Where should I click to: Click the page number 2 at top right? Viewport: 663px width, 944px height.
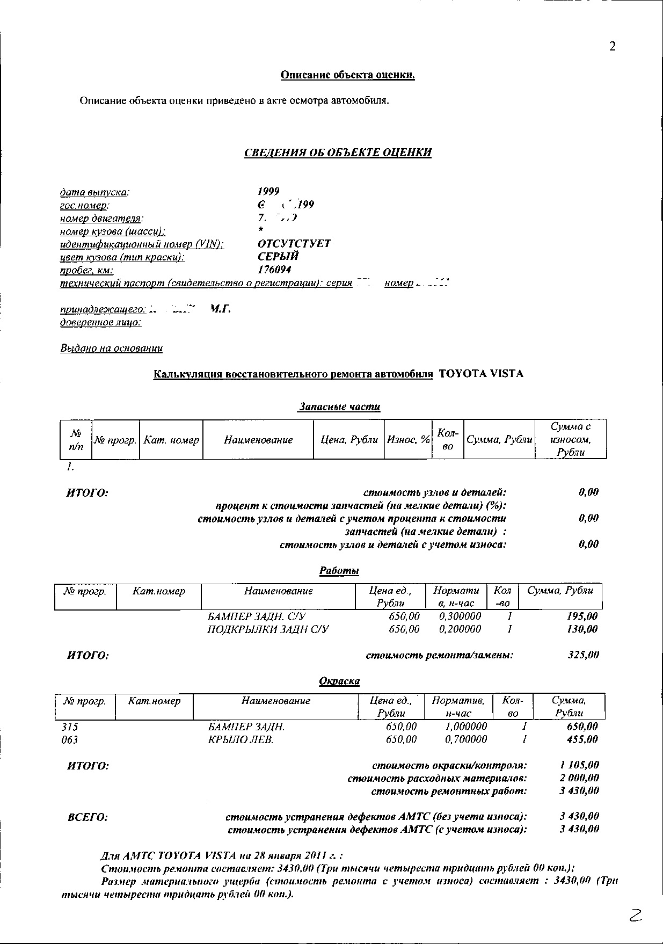pyautogui.click(x=613, y=46)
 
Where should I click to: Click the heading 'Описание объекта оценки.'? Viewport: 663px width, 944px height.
pyautogui.click(x=347, y=75)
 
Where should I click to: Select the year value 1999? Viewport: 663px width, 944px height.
pyautogui.click(x=268, y=192)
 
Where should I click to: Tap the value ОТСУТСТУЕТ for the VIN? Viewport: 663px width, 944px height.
pyautogui.click(x=294, y=244)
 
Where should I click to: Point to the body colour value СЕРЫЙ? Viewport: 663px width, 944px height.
pyautogui.click(x=278, y=257)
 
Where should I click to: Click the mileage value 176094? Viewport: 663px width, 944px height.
pyautogui.click(x=274, y=270)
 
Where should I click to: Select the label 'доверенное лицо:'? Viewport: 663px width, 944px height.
pyautogui.click(x=100, y=322)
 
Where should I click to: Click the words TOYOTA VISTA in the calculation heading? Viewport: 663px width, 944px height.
pyautogui.click(x=480, y=374)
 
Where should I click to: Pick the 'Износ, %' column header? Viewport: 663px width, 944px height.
pyautogui.click(x=409, y=440)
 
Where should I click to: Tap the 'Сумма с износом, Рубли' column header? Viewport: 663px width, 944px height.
pyautogui.click(x=570, y=439)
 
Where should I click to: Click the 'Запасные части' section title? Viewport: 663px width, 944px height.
pyautogui.click(x=339, y=407)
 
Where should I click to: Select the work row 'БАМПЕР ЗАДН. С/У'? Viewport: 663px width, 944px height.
pyautogui.click(x=257, y=616)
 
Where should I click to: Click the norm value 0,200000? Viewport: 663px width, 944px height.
pyautogui.click(x=460, y=629)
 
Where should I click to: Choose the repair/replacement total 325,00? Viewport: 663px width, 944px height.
pyautogui.click(x=584, y=655)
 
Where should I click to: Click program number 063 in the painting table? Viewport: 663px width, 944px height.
pyautogui.click(x=70, y=740)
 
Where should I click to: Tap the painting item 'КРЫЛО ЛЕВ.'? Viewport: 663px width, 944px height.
pyautogui.click(x=241, y=740)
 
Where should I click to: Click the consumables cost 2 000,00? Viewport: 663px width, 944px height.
pyautogui.click(x=579, y=778)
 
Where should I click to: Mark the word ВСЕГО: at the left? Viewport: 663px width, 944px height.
pyautogui.click(x=88, y=817)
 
